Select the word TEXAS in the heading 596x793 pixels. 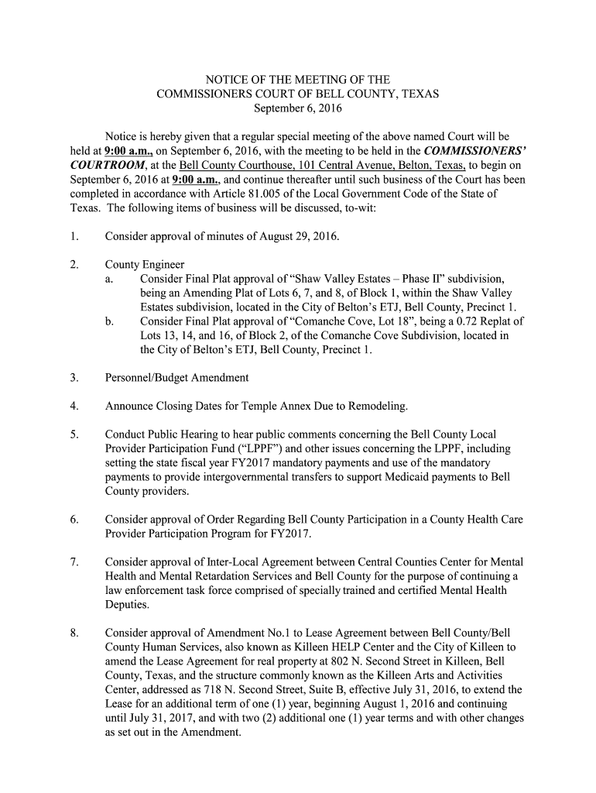click(420, 94)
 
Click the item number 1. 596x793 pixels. click(73, 235)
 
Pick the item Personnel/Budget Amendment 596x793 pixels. click(177, 378)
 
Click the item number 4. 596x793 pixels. click(73, 407)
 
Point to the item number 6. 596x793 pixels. click(73, 520)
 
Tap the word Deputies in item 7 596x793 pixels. click(127, 604)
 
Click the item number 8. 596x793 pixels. click(73, 633)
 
